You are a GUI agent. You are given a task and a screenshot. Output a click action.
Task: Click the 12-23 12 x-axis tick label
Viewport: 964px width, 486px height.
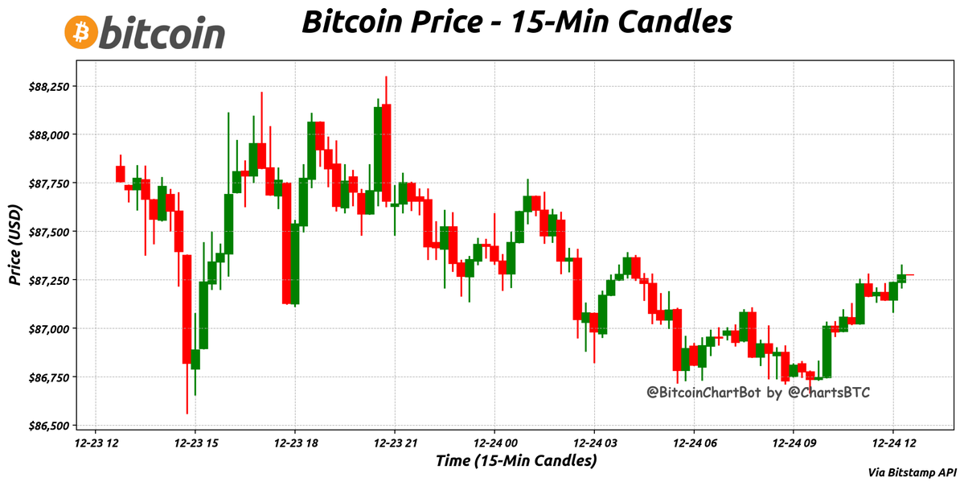(x=96, y=443)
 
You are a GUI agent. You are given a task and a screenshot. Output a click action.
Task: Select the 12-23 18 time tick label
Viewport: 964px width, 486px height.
(x=295, y=443)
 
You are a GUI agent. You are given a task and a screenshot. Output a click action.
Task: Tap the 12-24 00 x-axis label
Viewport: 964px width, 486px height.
(x=494, y=443)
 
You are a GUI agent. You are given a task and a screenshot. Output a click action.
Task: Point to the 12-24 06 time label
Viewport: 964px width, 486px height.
(x=694, y=443)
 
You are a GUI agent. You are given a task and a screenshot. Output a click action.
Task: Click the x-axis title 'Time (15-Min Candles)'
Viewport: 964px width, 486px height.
(x=516, y=461)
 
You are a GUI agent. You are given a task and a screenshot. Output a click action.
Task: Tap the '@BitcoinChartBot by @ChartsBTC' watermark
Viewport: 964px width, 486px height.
(x=759, y=393)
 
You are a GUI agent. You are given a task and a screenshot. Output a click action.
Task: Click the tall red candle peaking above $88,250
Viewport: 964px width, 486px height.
(x=387, y=152)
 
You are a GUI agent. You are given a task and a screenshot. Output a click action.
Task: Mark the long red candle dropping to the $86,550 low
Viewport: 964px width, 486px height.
(x=187, y=309)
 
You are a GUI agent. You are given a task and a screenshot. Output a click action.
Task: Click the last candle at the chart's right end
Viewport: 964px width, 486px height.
(x=910, y=275)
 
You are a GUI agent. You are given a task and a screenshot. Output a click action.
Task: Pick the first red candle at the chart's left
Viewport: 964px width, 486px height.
(x=121, y=174)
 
